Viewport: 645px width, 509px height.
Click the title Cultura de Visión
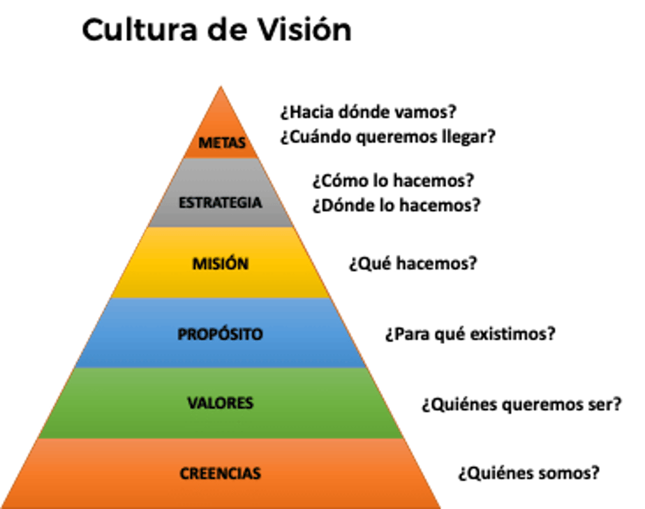pyautogui.click(x=217, y=30)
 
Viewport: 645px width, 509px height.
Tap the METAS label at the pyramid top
pyautogui.click(x=221, y=142)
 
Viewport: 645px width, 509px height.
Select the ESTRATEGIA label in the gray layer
pyautogui.click(x=220, y=203)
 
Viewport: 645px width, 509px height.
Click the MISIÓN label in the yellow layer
pyautogui.click(x=220, y=263)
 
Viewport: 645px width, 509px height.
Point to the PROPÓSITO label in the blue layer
pyautogui.click(x=220, y=333)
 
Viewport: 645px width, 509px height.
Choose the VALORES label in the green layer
pyautogui.click(x=220, y=403)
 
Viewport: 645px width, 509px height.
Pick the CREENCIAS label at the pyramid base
pyautogui.click(x=220, y=473)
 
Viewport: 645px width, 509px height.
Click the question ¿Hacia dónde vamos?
pyautogui.click(x=368, y=112)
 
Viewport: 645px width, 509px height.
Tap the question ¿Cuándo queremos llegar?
pyautogui.click(x=387, y=137)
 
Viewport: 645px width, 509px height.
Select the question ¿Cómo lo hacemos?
pyautogui.click(x=392, y=180)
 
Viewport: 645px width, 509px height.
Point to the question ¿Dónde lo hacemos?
pyautogui.click(x=396, y=205)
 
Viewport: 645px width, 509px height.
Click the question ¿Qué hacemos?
pyautogui.click(x=413, y=263)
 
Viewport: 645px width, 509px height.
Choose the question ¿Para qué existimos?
pyautogui.click(x=470, y=333)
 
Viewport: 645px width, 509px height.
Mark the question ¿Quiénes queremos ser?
pyautogui.click(x=522, y=404)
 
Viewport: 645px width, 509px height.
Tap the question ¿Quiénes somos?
pyautogui.click(x=528, y=472)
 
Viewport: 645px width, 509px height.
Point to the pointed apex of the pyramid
pyautogui.click(x=220, y=87)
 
